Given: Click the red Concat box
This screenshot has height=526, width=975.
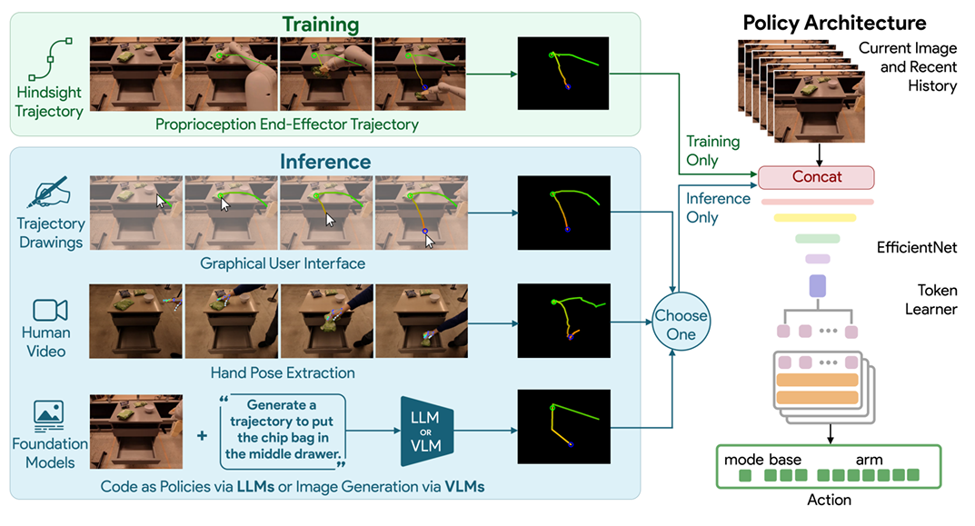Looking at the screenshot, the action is (x=816, y=177).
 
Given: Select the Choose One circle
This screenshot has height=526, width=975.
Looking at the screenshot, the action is (x=681, y=323).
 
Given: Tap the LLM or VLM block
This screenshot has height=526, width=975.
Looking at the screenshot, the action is (x=426, y=431).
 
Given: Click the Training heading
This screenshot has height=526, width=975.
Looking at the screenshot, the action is (x=320, y=25).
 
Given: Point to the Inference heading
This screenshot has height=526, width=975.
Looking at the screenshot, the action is (x=325, y=162).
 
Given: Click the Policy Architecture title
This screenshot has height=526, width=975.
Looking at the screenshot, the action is (x=834, y=23).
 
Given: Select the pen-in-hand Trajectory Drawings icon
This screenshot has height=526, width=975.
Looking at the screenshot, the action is (x=48, y=192).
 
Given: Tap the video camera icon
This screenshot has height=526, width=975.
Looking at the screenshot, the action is (x=50, y=310).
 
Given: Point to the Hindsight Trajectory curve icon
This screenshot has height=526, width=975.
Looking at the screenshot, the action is (x=50, y=60).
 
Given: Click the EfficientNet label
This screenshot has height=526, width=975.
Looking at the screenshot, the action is (x=917, y=247).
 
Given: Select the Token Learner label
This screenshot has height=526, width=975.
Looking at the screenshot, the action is (x=930, y=300).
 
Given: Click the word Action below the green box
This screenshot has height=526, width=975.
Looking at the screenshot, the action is (x=829, y=500).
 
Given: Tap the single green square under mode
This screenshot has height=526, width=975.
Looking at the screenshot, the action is (x=745, y=476).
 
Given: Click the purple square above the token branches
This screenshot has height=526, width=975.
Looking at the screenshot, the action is (x=817, y=286).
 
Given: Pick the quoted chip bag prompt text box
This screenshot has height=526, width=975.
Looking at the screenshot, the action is (x=283, y=431).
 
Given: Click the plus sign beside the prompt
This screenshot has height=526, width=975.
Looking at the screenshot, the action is (x=202, y=436).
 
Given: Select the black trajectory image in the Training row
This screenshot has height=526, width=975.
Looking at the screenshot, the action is (x=563, y=74).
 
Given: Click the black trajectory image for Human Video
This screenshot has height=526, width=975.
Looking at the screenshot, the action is (x=564, y=321).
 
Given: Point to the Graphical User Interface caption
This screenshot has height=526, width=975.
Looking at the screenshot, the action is (x=283, y=263).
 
